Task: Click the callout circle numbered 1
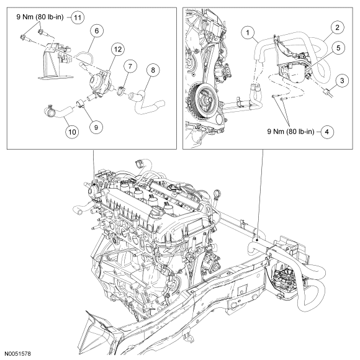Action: click(x=248, y=33)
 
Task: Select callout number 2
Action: click(x=337, y=27)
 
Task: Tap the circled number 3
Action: click(x=342, y=81)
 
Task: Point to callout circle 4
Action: click(x=327, y=132)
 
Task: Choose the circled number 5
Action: click(x=338, y=48)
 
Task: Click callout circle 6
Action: click(x=96, y=31)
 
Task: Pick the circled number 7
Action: click(x=130, y=66)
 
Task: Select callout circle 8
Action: click(x=153, y=70)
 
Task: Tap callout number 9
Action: click(x=96, y=127)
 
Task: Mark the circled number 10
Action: click(x=72, y=132)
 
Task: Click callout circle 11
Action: click(x=78, y=17)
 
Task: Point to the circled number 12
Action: click(x=118, y=49)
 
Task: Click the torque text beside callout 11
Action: click(x=40, y=17)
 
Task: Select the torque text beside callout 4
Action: click(x=290, y=132)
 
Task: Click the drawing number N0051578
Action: click(x=17, y=354)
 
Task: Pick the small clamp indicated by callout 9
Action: click(x=80, y=104)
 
